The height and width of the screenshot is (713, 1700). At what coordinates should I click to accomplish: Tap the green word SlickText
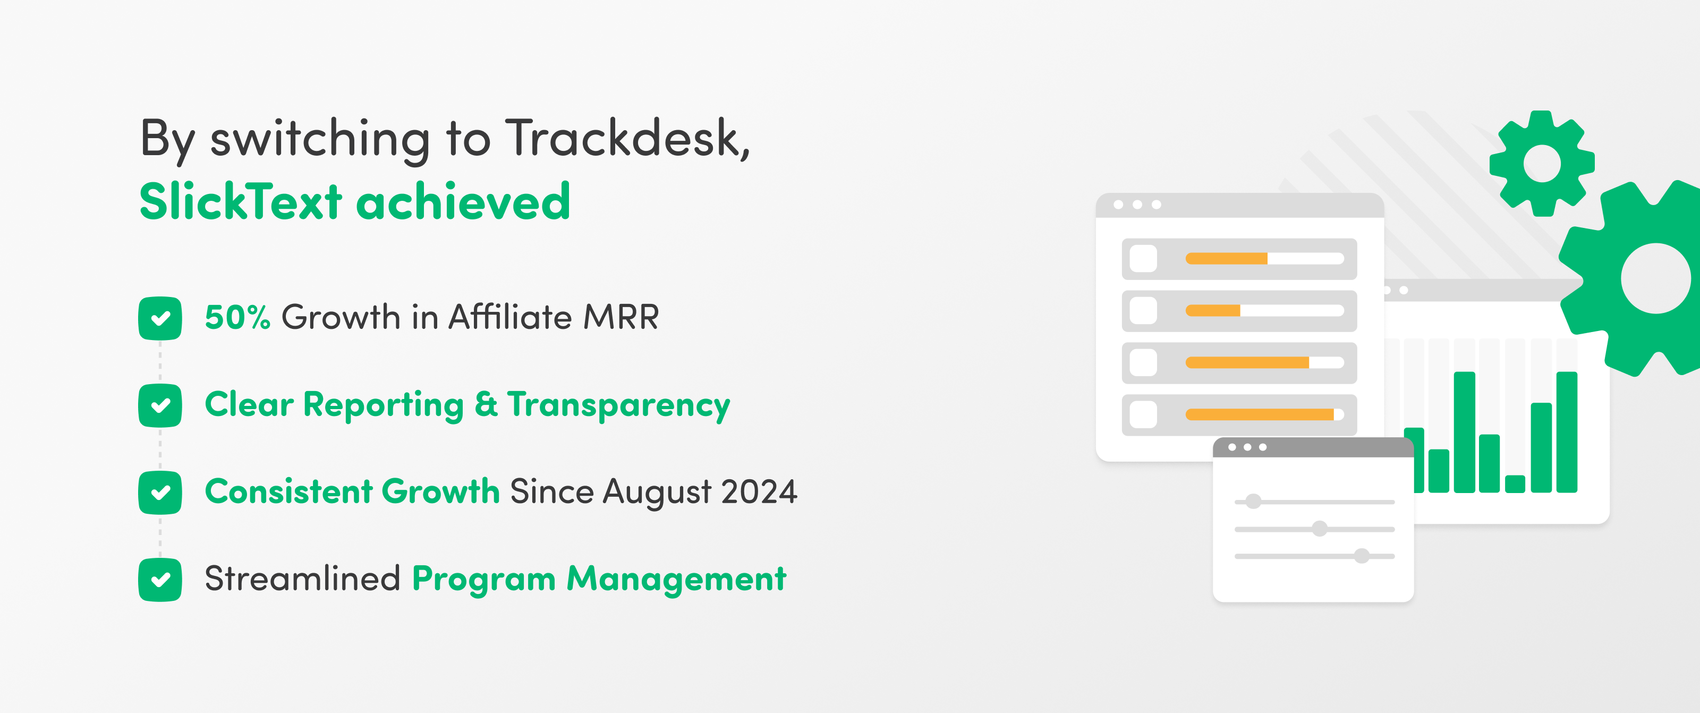(x=241, y=201)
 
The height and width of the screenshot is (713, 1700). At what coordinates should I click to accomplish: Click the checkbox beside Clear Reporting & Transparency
(x=160, y=405)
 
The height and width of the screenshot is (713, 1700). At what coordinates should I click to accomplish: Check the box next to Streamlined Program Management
(x=160, y=580)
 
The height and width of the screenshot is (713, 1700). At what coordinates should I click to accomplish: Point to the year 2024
(x=759, y=492)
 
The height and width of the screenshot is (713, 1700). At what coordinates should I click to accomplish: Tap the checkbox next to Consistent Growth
(x=160, y=493)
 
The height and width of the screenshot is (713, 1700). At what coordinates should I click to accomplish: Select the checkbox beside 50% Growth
(x=160, y=318)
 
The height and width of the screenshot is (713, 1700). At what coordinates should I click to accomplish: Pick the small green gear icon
(x=1542, y=163)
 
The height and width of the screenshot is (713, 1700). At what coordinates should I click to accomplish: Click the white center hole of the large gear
(x=1656, y=278)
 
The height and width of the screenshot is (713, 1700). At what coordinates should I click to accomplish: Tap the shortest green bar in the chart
(x=1515, y=484)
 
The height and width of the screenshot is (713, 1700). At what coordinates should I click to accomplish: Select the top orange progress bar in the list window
(x=1226, y=259)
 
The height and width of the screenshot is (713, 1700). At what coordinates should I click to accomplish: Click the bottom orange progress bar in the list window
(x=1260, y=414)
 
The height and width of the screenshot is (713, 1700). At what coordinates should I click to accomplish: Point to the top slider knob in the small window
(x=1253, y=502)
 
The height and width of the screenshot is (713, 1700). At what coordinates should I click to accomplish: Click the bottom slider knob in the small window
(x=1362, y=556)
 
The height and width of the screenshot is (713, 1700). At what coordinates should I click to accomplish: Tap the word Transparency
(x=619, y=405)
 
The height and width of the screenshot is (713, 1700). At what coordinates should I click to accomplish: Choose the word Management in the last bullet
(x=676, y=579)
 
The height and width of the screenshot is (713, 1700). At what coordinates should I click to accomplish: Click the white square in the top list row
(x=1144, y=259)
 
